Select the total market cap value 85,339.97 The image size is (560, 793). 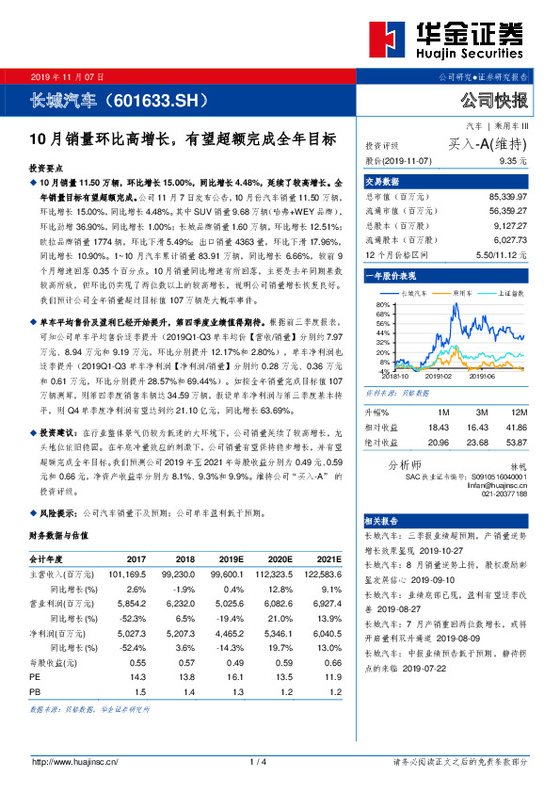click(x=508, y=197)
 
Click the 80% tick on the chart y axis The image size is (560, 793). click(x=382, y=306)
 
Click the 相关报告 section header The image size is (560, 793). click(x=384, y=521)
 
